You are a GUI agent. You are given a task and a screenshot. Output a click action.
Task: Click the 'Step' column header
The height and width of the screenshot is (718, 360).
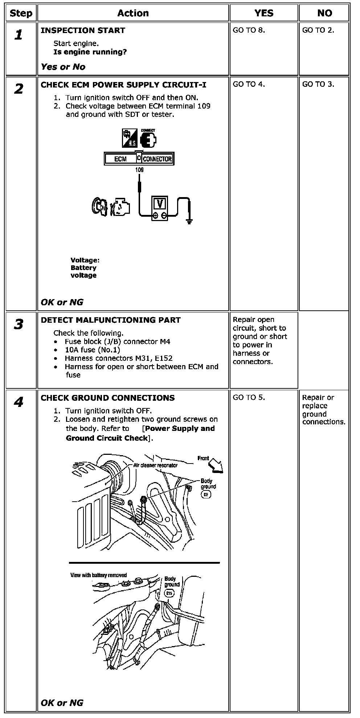21,13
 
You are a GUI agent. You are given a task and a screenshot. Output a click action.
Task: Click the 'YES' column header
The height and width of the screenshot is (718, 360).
263,13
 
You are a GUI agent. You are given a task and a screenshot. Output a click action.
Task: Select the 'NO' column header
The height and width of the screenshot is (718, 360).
324,13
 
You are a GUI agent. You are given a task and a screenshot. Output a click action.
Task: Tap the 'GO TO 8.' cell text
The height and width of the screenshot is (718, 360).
249,30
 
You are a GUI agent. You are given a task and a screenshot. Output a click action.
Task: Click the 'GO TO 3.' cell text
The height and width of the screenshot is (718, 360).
318,84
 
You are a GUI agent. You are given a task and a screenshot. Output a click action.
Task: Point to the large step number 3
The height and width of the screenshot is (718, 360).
19,324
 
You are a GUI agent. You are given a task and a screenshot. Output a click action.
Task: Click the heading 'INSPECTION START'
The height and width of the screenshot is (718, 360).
83,30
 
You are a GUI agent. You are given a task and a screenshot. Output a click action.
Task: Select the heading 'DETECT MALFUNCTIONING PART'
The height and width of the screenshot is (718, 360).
111,320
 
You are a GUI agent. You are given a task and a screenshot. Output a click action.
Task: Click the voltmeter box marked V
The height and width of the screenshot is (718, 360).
160,208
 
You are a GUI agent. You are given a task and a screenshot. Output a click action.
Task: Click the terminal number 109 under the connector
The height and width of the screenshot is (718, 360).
139,170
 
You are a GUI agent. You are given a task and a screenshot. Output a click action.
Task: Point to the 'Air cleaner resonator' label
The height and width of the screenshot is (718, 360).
155,465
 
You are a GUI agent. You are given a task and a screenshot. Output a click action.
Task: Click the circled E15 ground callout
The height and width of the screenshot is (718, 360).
169,593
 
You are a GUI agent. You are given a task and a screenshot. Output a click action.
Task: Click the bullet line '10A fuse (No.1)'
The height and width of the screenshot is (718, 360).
92,350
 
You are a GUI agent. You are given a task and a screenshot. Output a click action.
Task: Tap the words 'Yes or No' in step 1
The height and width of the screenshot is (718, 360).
63,67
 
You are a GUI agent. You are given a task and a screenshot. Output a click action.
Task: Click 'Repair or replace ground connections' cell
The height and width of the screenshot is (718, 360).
323,410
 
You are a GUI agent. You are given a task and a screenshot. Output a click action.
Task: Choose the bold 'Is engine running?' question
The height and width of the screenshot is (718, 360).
90,52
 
